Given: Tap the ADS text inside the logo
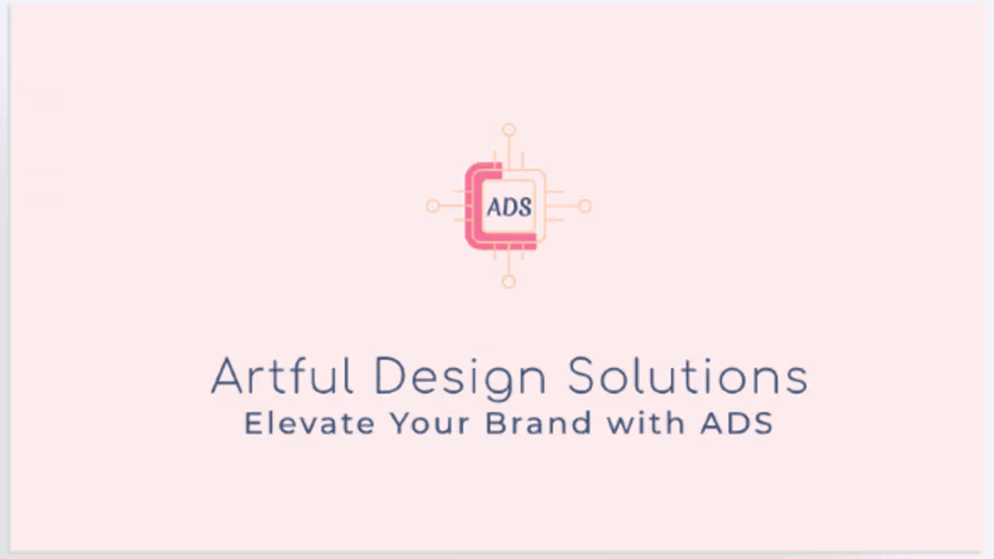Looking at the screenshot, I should click(x=510, y=206).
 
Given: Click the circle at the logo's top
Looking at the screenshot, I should click(x=509, y=129).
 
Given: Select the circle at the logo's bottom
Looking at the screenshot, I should click(x=509, y=282).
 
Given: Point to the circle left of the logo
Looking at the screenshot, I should click(x=433, y=206).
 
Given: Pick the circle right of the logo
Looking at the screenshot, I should click(x=585, y=206).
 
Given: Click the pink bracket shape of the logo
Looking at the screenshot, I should click(x=474, y=206).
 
